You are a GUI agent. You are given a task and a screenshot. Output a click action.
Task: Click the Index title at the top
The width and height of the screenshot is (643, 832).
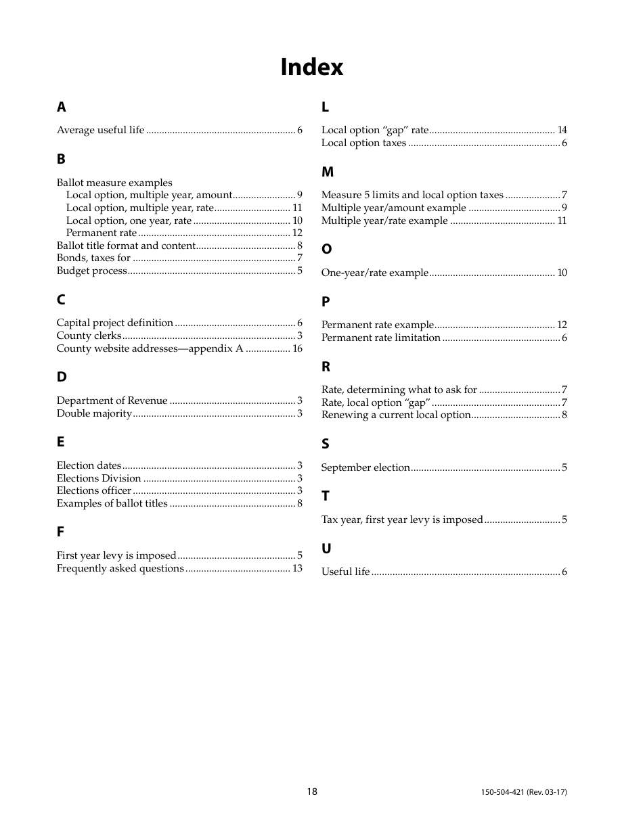(312, 67)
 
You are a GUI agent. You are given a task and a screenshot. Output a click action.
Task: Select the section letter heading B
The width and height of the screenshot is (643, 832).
(61, 159)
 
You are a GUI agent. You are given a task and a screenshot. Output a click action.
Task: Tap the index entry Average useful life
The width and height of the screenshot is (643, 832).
(100, 130)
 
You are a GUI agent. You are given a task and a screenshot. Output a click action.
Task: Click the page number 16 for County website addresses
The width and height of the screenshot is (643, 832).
(297, 348)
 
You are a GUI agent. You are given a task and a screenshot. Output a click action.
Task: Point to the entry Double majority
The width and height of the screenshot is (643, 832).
(94, 413)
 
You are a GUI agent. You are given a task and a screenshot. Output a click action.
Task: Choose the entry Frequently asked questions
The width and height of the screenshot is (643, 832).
(120, 568)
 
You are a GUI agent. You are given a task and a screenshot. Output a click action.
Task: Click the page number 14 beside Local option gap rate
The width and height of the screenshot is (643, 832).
(562, 130)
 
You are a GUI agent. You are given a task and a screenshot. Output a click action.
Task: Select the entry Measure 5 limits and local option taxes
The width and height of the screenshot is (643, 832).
(412, 195)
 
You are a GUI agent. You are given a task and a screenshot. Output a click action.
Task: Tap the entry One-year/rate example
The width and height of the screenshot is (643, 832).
(374, 273)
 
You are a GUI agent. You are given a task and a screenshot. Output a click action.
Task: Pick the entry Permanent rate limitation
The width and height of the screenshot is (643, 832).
(380, 338)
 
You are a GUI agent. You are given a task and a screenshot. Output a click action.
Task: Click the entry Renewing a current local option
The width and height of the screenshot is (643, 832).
(396, 415)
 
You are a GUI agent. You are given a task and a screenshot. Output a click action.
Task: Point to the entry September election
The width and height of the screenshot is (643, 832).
(365, 467)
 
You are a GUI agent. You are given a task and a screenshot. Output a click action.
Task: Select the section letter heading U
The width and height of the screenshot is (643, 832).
(326, 549)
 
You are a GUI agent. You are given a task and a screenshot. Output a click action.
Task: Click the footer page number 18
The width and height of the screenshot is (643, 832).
(311, 791)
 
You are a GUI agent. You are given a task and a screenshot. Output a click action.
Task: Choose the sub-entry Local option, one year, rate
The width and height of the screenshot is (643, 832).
(129, 221)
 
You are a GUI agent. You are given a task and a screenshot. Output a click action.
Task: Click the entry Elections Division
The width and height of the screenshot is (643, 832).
(99, 478)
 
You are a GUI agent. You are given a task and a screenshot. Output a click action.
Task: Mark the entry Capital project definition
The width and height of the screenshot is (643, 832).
(115, 323)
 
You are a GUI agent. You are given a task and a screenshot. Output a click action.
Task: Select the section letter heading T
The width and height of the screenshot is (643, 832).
(326, 496)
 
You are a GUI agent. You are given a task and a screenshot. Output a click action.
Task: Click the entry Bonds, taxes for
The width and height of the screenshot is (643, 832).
(93, 258)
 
